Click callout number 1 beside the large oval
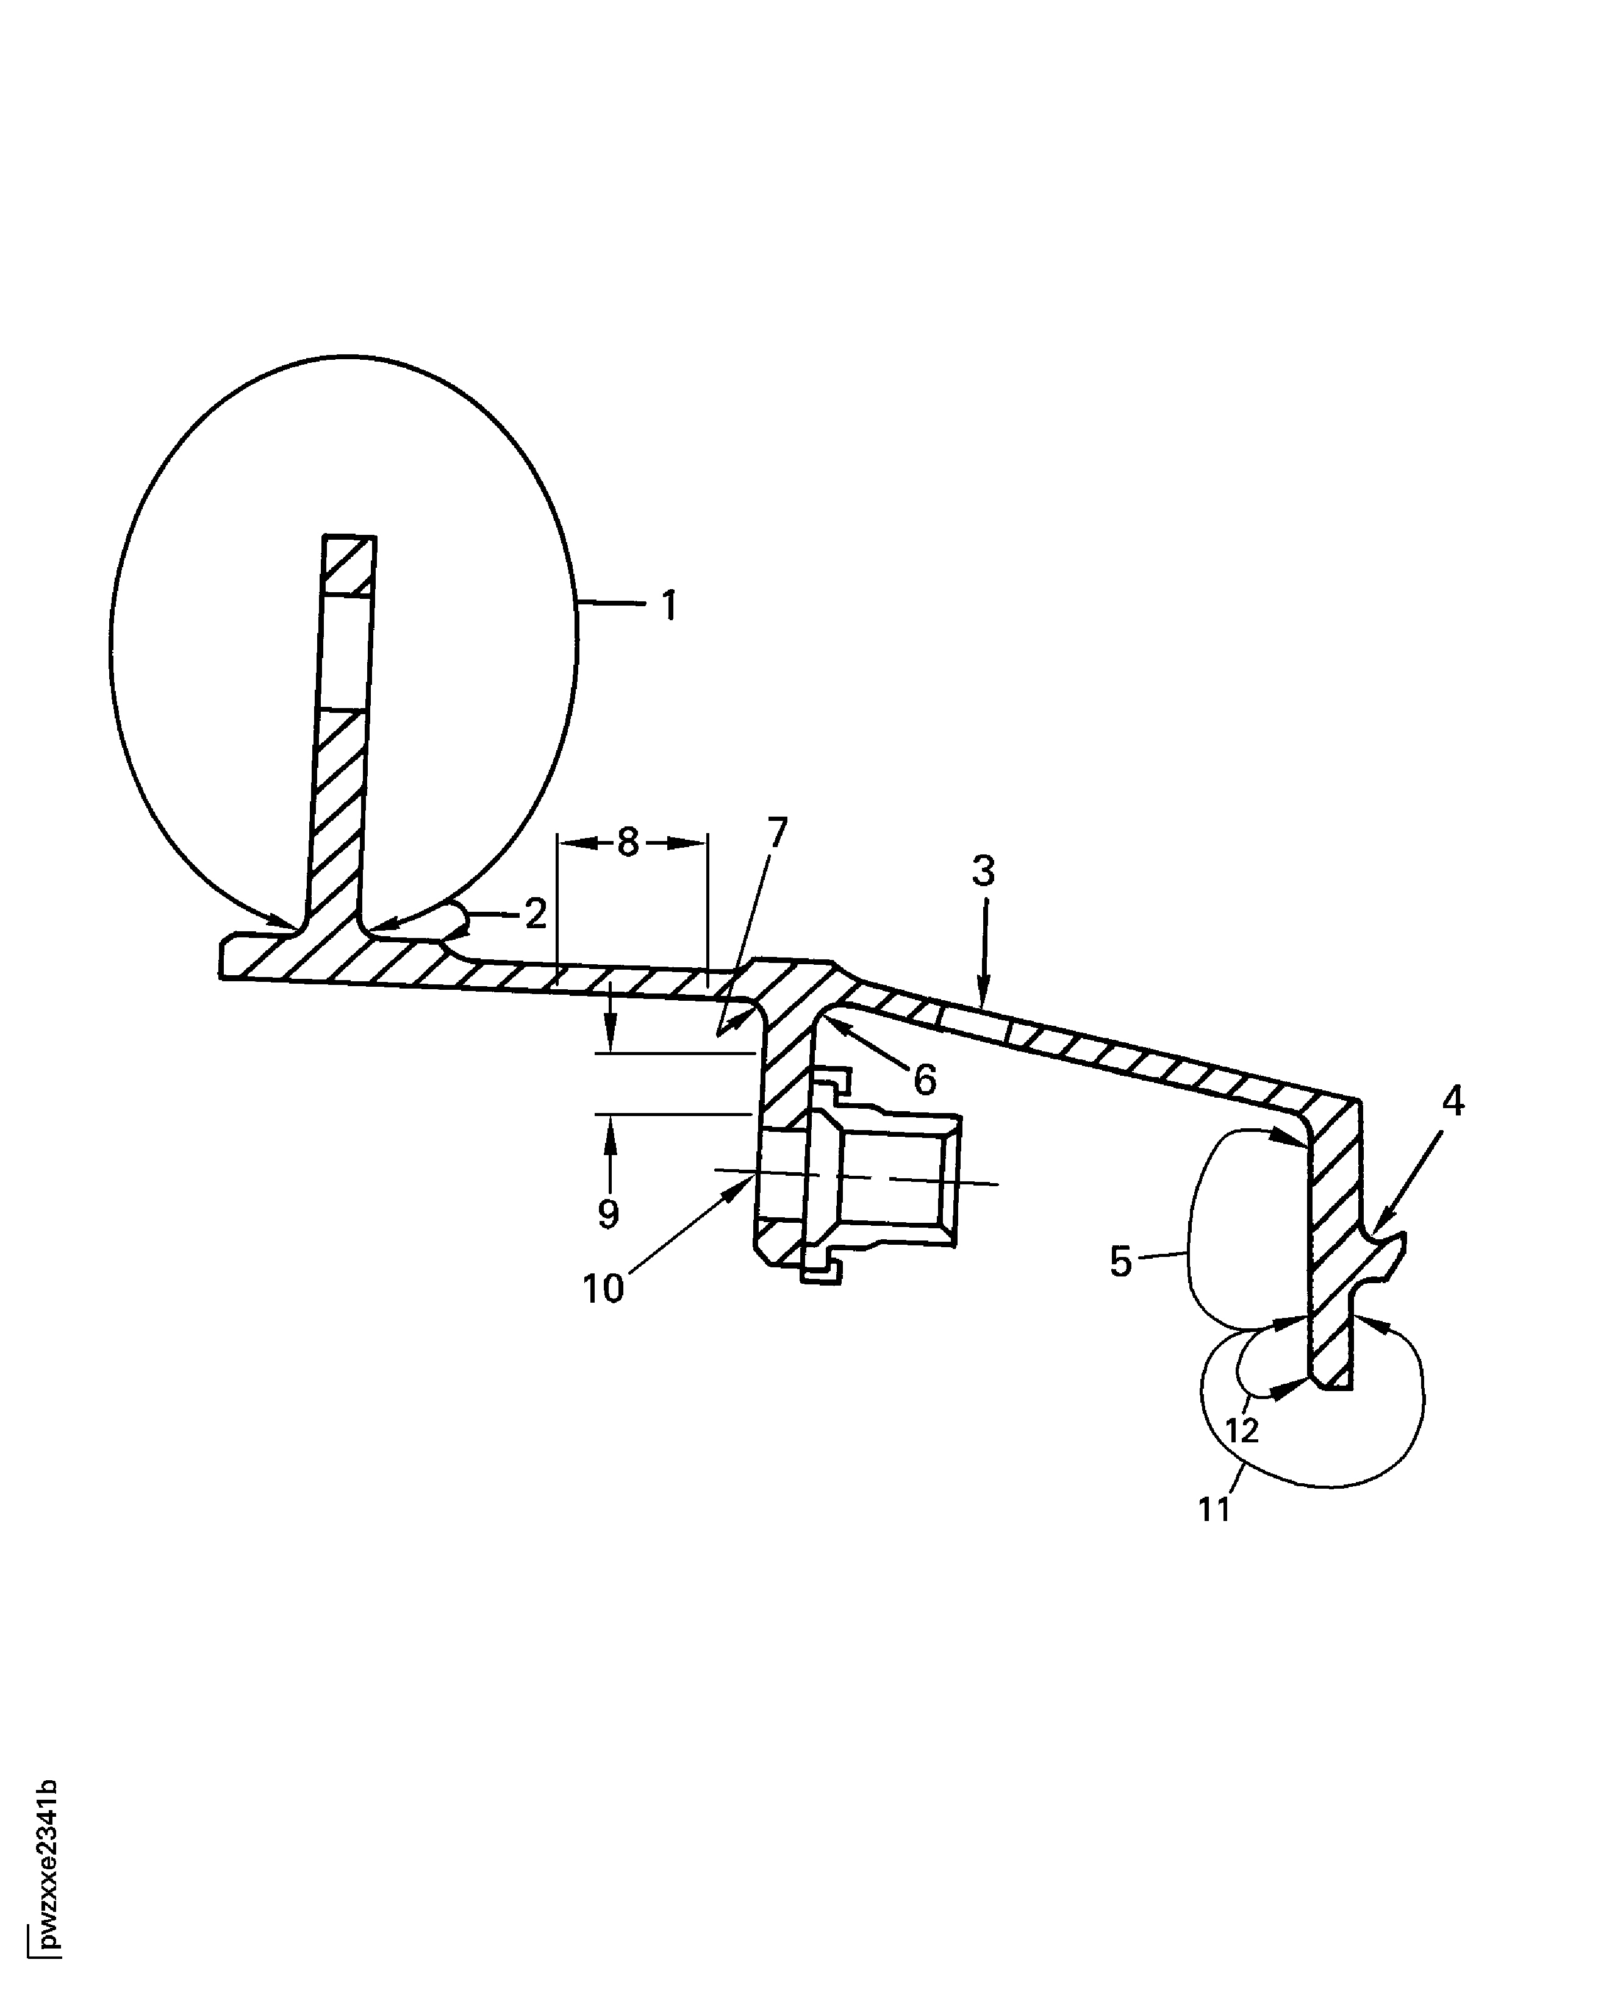668,606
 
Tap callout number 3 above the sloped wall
983,871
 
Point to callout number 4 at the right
1453,1101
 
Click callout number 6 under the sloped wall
924,1079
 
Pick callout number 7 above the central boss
776,833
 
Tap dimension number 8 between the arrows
629,842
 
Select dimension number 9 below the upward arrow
608,1214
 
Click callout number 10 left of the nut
603,1289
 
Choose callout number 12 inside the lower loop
1242,1431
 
